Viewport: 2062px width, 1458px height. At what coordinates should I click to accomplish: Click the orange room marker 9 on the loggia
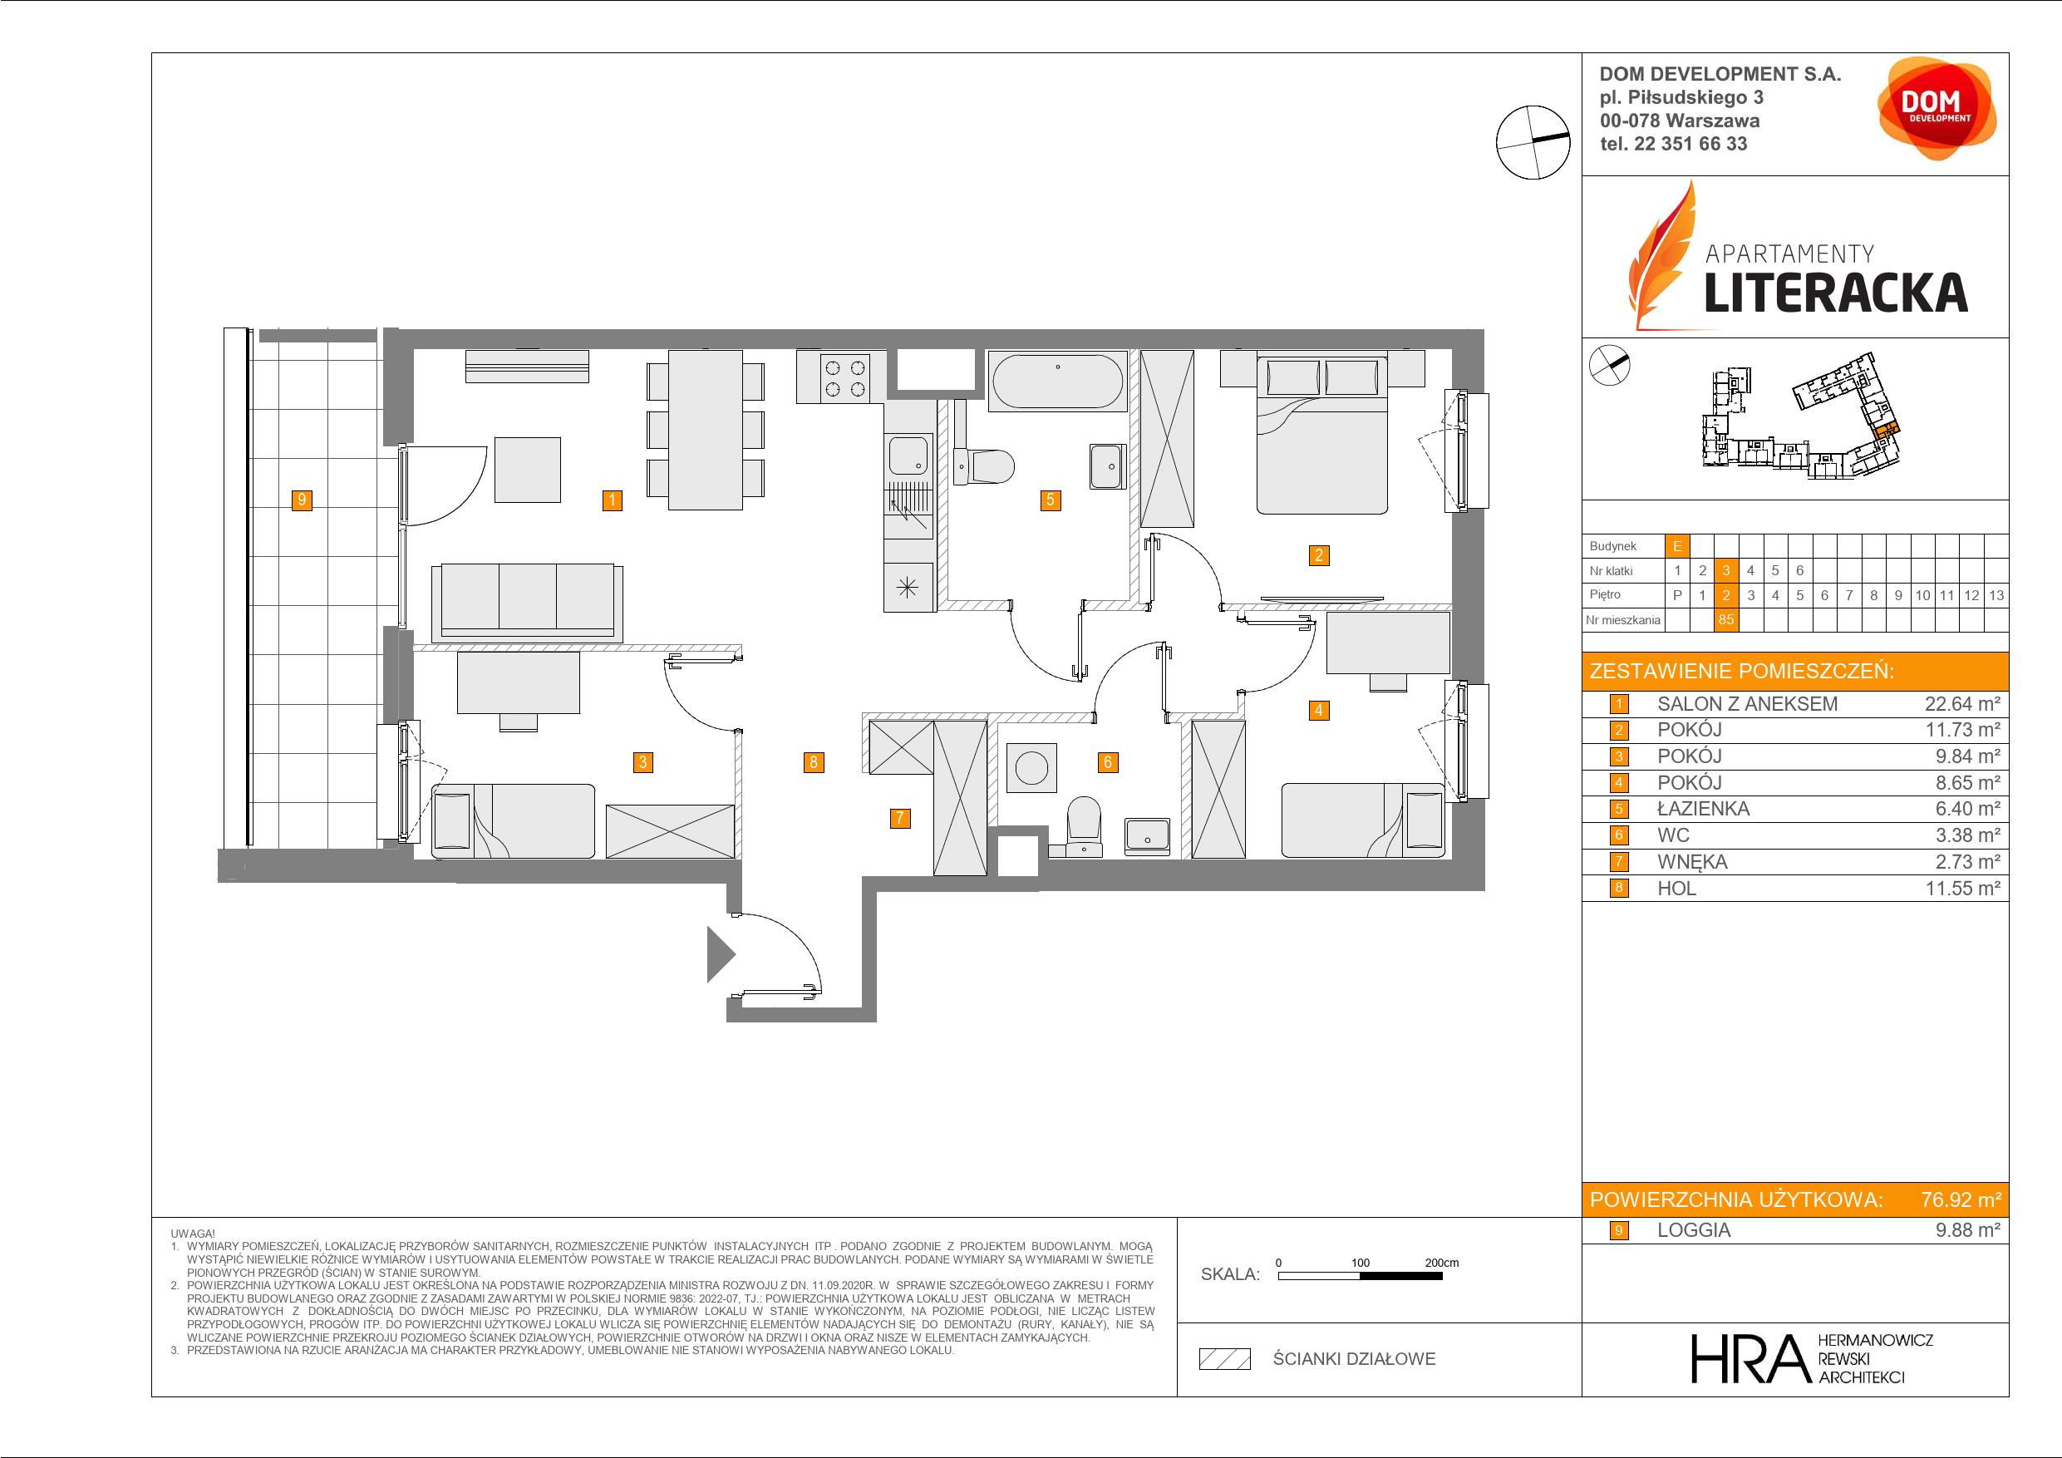point(303,500)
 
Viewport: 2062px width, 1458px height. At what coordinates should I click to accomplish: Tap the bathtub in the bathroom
point(1057,381)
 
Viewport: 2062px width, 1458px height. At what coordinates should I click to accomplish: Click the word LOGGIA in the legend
point(1694,1231)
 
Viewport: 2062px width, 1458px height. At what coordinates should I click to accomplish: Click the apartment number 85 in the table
point(1725,620)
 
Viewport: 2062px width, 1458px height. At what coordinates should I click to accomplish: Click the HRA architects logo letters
point(1749,1359)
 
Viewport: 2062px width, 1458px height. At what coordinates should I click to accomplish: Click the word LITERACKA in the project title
point(1836,292)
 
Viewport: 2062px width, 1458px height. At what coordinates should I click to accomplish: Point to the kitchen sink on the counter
point(908,456)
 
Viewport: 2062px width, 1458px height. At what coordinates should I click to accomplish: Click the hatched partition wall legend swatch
point(1225,1359)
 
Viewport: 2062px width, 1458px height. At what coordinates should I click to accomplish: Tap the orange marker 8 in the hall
point(813,763)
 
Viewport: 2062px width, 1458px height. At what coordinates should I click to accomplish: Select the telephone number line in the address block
point(1674,144)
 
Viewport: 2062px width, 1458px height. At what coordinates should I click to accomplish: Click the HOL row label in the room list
point(1676,889)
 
